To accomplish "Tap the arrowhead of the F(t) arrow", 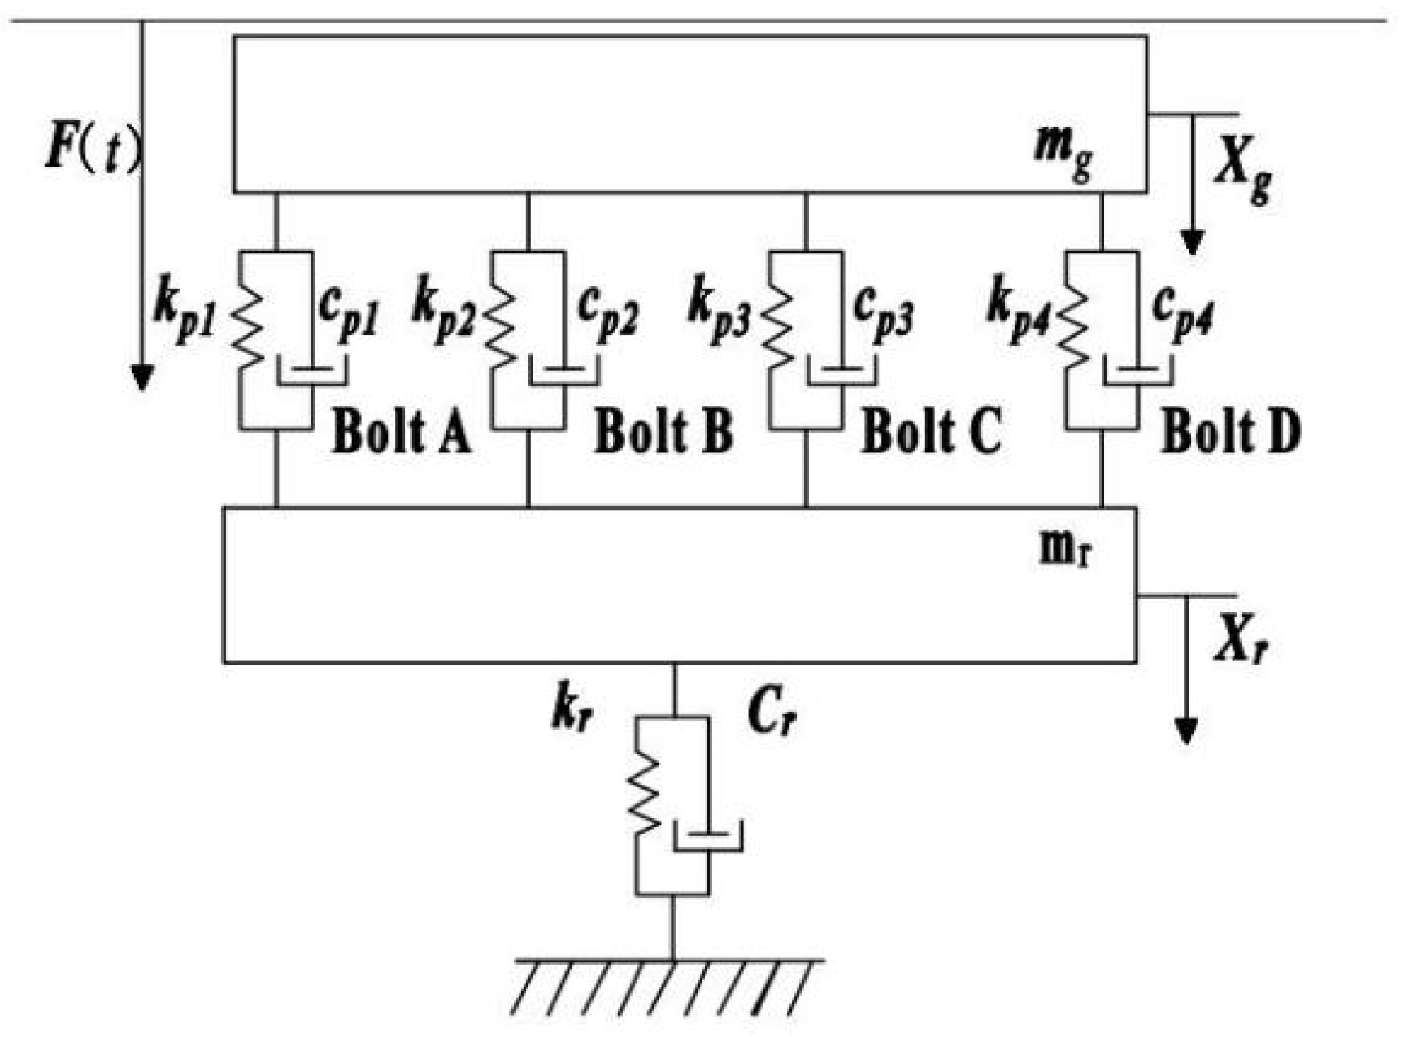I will [142, 377].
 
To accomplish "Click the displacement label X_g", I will [1242, 175].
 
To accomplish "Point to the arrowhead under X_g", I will [1192, 242].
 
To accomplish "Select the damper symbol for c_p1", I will [312, 373].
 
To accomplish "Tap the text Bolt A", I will [401, 431].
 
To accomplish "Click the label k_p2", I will [444, 311].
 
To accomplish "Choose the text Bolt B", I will [663, 431].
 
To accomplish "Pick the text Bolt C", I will [931, 431].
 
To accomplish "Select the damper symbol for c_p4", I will [1137, 373].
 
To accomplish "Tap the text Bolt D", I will [1230, 431].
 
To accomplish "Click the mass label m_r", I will [1066, 549].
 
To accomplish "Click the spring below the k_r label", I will [644, 801].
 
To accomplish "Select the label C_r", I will [771, 716].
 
